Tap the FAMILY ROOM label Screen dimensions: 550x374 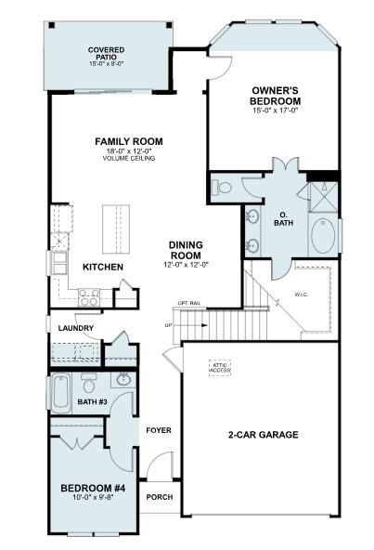[x=128, y=141]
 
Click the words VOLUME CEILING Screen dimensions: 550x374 [x=128, y=159]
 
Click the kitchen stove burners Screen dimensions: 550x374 [x=90, y=297]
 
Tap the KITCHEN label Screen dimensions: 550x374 [x=103, y=268]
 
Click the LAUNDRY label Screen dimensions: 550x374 [x=75, y=328]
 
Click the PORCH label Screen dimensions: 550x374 [x=159, y=497]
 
